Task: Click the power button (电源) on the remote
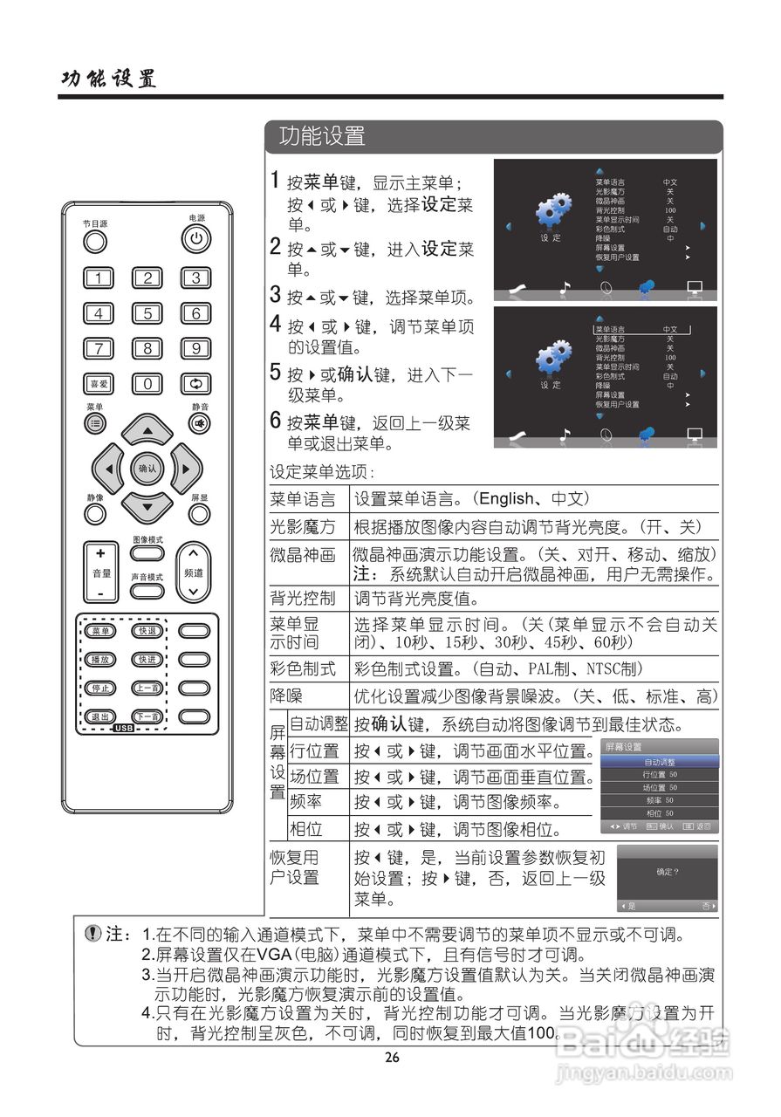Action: coord(196,238)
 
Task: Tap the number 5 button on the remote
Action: coord(147,314)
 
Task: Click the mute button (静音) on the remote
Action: coord(200,423)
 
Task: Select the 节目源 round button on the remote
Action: coord(95,240)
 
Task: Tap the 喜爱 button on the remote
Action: coord(98,383)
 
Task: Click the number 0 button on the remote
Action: coord(147,383)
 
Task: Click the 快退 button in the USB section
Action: coord(147,631)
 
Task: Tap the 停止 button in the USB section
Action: coord(99,689)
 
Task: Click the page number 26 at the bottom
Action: coord(392,1059)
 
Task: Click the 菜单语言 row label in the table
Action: coord(302,499)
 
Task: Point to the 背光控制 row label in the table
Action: coord(302,599)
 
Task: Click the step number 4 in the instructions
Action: coord(275,327)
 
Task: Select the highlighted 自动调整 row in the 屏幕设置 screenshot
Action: coord(660,762)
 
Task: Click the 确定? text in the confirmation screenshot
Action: coord(668,872)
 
